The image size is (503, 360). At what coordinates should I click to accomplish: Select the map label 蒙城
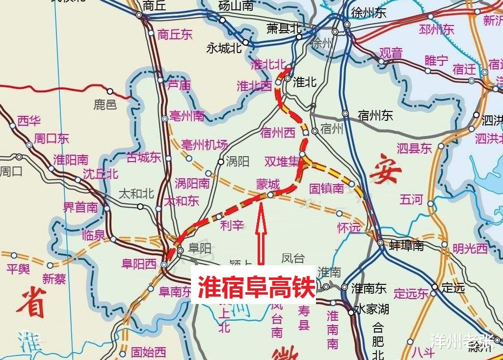[268, 185]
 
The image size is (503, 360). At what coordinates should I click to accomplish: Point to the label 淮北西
[254, 86]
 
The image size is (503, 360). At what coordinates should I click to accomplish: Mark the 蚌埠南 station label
[406, 246]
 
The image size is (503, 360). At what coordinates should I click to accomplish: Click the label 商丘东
[175, 34]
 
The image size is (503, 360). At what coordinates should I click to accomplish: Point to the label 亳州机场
[205, 145]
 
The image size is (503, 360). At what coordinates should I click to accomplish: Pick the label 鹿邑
[105, 104]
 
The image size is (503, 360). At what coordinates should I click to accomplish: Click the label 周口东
[52, 139]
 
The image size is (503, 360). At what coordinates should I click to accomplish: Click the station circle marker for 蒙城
[270, 195]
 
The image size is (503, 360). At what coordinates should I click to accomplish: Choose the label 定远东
[411, 294]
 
